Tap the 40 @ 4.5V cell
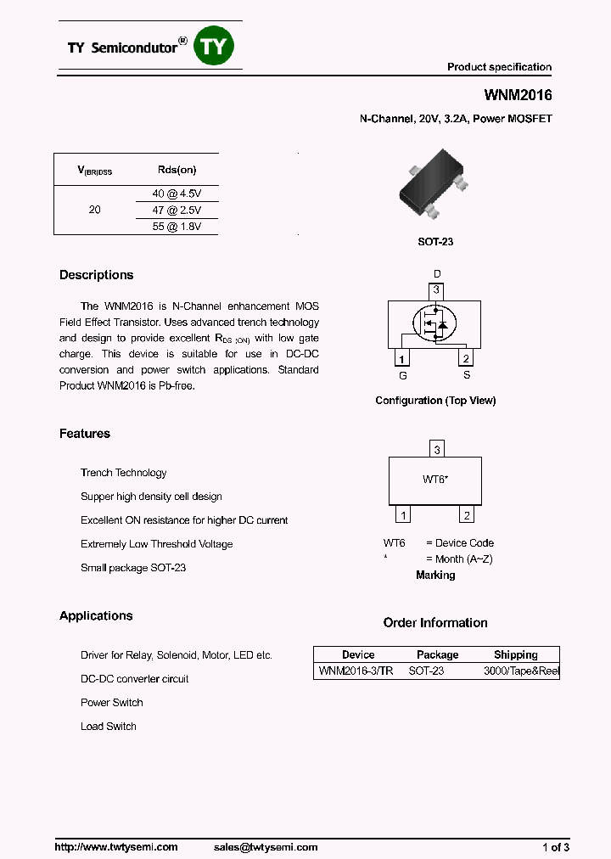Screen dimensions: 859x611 click(x=177, y=193)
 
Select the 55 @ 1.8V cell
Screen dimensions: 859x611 click(x=177, y=227)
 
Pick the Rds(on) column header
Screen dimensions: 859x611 click(x=177, y=170)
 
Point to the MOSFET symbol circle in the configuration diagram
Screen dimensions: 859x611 click(x=434, y=323)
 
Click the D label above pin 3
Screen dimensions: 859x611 click(x=438, y=274)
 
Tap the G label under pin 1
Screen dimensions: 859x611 click(x=403, y=374)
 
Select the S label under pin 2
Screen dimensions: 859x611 click(x=466, y=374)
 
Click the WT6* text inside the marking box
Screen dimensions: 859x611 click(x=435, y=480)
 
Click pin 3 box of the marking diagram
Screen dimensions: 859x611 click(x=436, y=450)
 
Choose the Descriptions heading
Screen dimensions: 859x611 click(x=97, y=275)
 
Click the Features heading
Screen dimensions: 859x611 click(x=85, y=434)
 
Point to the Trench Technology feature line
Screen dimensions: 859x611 click(x=124, y=473)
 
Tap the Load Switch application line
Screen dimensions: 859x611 click(x=109, y=727)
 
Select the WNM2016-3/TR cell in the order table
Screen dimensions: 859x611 click(x=356, y=671)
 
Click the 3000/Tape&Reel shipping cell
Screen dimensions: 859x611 click(x=521, y=671)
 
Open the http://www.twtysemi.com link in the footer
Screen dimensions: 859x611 click(x=116, y=847)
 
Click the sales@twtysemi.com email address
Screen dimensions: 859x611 click(x=266, y=847)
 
